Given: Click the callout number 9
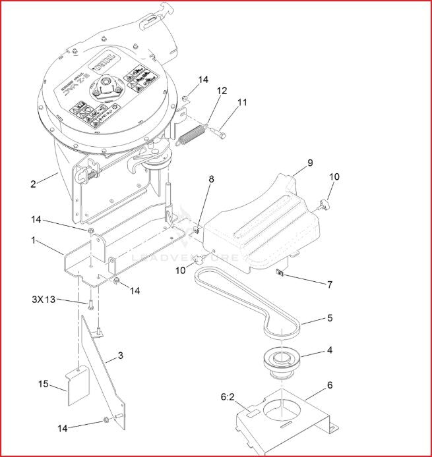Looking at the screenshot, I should (309, 162).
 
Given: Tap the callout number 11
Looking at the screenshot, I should (243, 103).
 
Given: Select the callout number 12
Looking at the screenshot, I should (222, 90).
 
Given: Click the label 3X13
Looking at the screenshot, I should (44, 300).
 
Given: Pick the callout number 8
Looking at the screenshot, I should (211, 178).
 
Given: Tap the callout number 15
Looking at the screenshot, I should (43, 384).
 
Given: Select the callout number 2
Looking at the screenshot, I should (33, 184).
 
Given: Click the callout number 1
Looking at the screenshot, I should (33, 240).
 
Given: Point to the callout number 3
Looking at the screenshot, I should (120, 356).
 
